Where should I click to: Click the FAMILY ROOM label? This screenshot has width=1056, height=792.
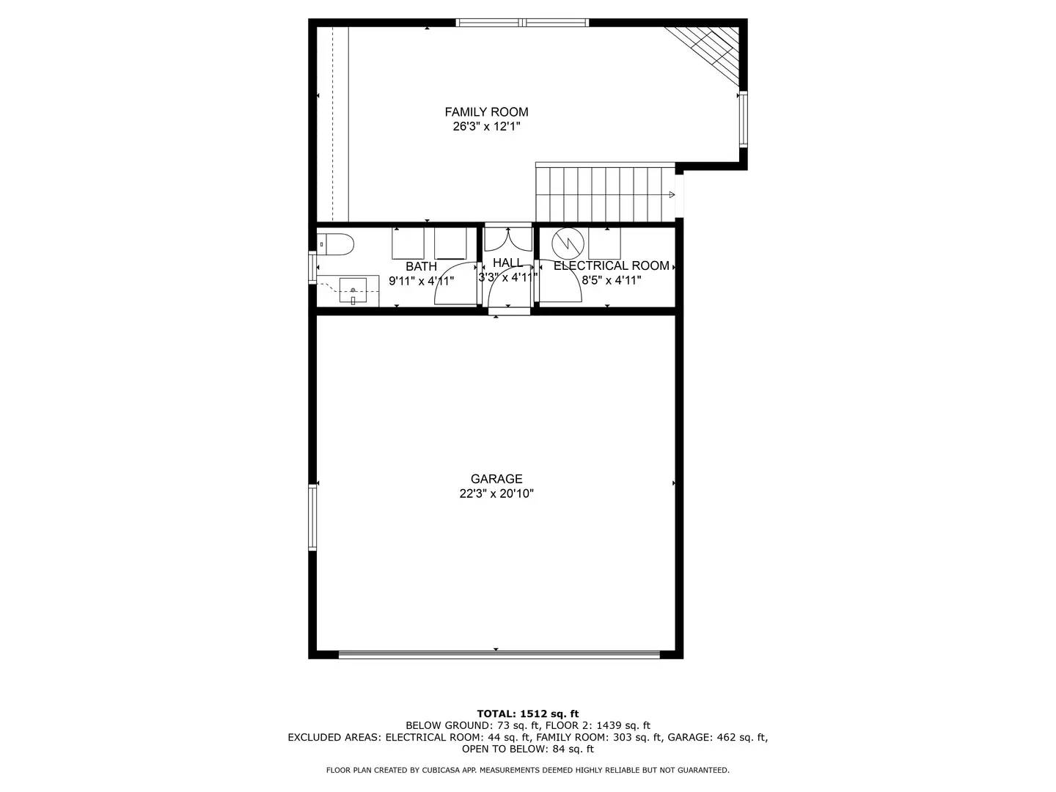[486, 112]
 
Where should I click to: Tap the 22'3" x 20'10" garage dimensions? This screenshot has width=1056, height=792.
[496, 494]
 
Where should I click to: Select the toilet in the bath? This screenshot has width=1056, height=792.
[337, 243]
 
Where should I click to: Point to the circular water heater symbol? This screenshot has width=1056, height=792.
[568, 243]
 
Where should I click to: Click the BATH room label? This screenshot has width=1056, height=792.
[421, 266]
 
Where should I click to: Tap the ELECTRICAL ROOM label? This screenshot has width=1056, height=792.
[611, 265]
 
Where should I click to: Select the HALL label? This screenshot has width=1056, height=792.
[507, 263]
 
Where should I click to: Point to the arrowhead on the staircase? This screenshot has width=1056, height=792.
[670, 194]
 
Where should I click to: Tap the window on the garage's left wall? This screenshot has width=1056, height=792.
[312, 517]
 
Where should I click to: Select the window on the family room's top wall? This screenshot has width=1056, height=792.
[522, 23]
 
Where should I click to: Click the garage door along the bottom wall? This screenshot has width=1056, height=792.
[499, 654]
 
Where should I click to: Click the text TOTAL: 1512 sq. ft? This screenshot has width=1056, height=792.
[527, 714]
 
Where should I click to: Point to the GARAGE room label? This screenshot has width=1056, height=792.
[496, 479]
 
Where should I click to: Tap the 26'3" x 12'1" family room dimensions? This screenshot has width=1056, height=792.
[486, 127]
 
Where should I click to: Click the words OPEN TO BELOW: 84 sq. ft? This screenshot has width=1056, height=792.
[527, 749]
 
